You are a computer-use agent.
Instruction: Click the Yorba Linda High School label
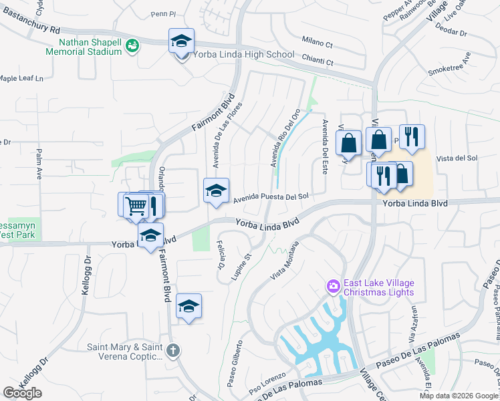coord(243,55)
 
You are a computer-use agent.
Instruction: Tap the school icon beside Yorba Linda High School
coord(181,41)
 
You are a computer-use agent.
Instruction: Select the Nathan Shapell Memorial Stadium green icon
coord(132,45)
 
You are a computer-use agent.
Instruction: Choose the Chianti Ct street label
coord(317,61)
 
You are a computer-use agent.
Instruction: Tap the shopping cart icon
coord(136,205)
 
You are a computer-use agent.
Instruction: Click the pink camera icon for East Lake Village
coord(332,287)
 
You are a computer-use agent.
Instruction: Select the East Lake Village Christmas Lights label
coord(378,287)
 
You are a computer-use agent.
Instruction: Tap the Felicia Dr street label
coord(220,257)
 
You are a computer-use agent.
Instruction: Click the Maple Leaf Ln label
coord(21,79)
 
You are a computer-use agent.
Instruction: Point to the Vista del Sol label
coord(457,158)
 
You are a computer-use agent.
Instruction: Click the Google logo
coord(23,393)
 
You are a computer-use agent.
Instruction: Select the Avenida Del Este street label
coord(325,146)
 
